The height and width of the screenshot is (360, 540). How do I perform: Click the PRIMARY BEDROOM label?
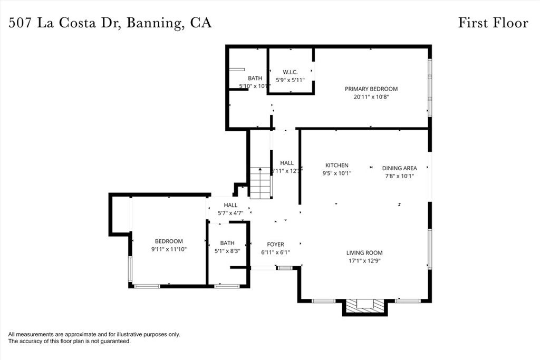pyautogui.click(x=371, y=89)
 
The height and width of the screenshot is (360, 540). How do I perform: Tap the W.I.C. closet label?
pyautogui.click(x=291, y=72)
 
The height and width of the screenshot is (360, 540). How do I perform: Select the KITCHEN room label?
pyautogui.click(x=336, y=165)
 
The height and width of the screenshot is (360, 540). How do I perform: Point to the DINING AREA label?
pyautogui.click(x=399, y=168)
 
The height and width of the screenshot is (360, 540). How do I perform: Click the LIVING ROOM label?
pyautogui.click(x=364, y=252)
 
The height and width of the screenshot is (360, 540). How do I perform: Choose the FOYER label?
pyautogui.click(x=275, y=245)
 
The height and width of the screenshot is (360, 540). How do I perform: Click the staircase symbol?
pyautogui.click(x=260, y=182)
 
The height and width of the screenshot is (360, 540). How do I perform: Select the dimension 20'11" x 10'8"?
pyautogui.click(x=371, y=97)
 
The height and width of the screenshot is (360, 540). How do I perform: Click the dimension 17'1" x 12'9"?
pyautogui.click(x=364, y=260)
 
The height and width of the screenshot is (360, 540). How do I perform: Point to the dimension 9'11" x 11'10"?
pyautogui.click(x=169, y=249)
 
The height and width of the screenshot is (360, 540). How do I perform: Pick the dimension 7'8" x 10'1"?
pyautogui.click(x=399, y=176)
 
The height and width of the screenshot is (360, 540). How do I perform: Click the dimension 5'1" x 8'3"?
pyautogui.click(x=227, y=251)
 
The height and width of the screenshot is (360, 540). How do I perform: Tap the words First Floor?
pyautogui.click(x=493, y=23)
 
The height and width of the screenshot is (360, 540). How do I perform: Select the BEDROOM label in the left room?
pyautogui.click(x=169, y=241)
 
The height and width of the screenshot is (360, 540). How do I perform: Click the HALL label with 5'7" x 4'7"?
pyautogui.click(x=230, y=205)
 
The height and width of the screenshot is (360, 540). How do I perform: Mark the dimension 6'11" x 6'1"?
pyautogui.click(x=275, y=252)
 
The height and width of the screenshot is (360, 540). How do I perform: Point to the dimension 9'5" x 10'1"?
pyautogui.click(x=336, y=173)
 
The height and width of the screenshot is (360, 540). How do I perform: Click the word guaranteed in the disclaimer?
pyautogui.click(x=114, y=342)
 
